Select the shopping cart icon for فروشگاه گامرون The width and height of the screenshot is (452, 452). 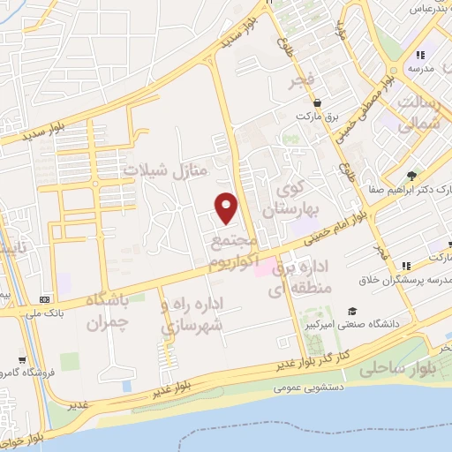20,360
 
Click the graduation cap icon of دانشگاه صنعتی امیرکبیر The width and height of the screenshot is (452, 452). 352,311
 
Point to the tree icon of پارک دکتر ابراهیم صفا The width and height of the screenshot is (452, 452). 411,176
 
